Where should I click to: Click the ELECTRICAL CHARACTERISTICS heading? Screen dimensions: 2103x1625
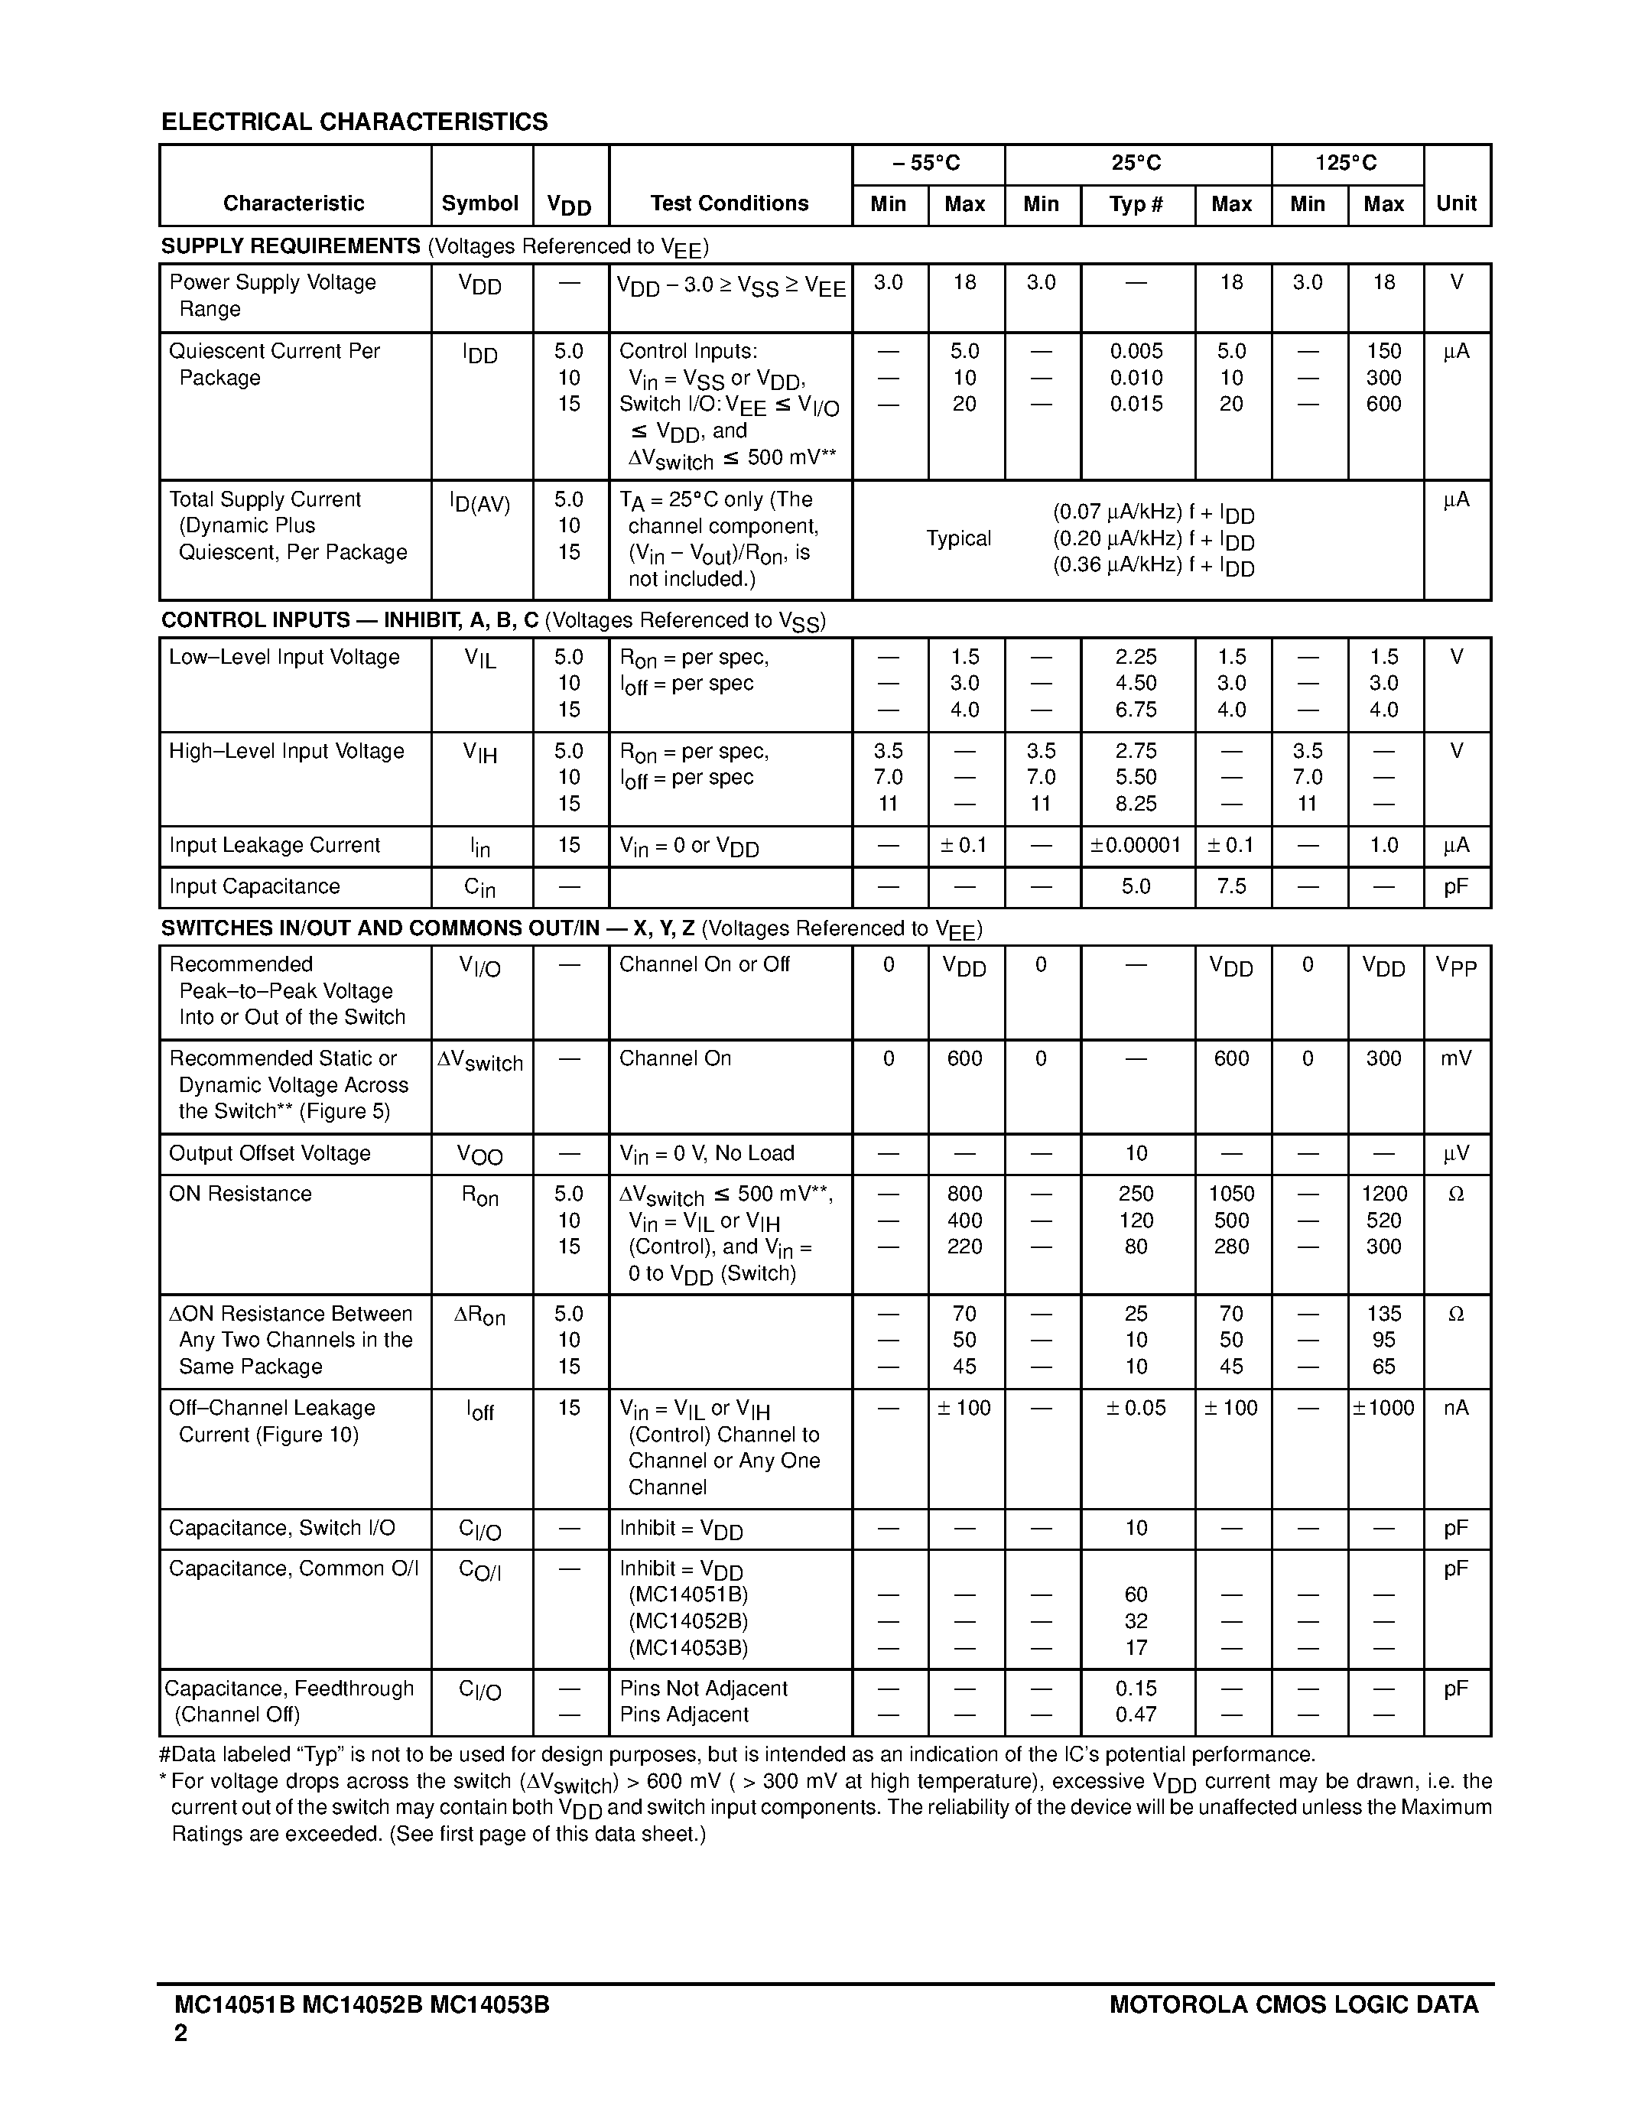[354, 122]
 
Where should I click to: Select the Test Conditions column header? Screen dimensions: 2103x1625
[729, 203]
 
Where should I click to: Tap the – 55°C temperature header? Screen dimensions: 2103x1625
[927, 164]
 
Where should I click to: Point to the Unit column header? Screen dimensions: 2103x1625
[1455, 204]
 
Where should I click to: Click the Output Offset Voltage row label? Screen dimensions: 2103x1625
[269, 1153]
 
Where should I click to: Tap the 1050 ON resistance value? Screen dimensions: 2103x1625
[1231, 1194]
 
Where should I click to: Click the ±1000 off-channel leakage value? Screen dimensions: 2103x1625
[1383, 1408]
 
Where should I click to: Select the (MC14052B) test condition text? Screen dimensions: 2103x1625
[687, 1620]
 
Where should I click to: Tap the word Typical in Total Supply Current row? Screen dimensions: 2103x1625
[958, 538]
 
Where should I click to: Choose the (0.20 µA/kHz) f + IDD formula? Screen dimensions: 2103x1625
[1153, 539]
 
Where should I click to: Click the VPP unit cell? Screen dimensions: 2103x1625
[1455, 966]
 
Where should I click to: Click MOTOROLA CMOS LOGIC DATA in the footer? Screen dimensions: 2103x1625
[1294, 2006]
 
